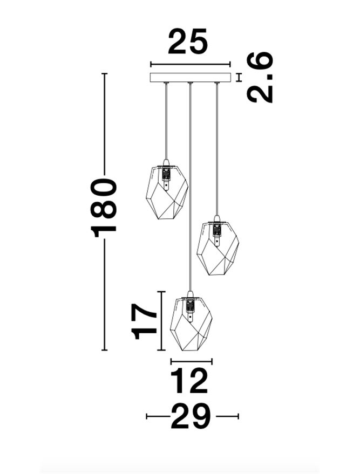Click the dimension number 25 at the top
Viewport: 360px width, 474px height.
pos(188,42)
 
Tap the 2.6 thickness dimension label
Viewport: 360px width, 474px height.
pos(260,78)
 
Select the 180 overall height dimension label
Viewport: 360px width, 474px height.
pos(103,208)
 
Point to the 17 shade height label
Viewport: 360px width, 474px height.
pos(144,321)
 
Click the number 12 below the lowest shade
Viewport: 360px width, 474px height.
pos(189,381)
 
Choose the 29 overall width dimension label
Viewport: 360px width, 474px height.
pos(191,416)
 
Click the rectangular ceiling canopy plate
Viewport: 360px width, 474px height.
pos(191,78)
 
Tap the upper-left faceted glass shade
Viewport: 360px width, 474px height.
pos(167,191)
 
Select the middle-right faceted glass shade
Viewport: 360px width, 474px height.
pos(218,249)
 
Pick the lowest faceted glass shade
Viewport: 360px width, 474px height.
pos(191,324)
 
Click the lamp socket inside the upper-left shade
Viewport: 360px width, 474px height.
pos(166,177)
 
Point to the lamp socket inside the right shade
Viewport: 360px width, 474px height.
pos(216,233)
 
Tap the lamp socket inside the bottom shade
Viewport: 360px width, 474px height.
pos(189,308)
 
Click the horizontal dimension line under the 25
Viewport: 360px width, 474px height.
pos(191,64)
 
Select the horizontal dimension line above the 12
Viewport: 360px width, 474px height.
pos(192,361)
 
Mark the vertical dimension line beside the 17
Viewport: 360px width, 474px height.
pos(161,321)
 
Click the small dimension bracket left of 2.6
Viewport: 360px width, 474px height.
pos(240,78)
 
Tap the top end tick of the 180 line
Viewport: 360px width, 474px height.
pos(104,73)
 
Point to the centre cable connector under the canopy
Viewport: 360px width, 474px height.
pos(190,83)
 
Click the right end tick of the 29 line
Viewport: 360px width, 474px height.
pos(239,416)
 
